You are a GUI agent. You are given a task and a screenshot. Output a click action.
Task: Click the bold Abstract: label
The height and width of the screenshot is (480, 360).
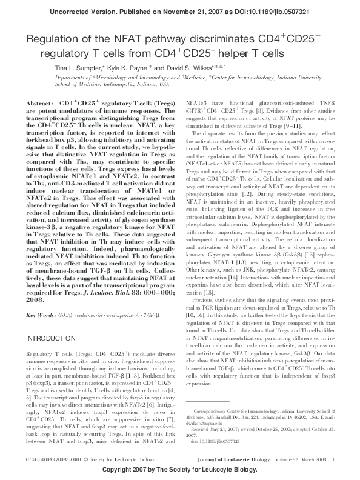coord(40,104)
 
